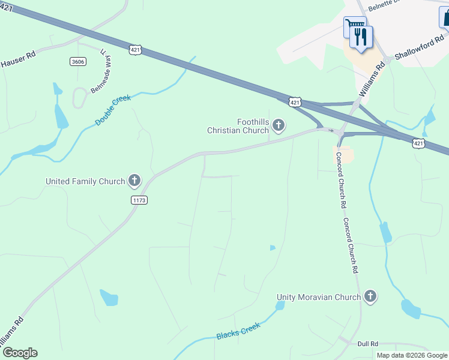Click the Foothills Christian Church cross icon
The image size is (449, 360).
(278, 125)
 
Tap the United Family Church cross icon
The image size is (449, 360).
(134, 181)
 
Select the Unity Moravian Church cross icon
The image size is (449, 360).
(370, 296)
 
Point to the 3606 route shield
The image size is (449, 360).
(77, 62)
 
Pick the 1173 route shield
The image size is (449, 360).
(139, 200)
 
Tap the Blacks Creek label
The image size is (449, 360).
(238, 331)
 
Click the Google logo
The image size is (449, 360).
(20, 353)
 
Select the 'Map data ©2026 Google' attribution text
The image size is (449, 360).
(412, 355)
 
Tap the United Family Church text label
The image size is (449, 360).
(85, 181)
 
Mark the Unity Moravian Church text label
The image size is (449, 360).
(319, 297)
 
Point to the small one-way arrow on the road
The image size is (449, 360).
(330, 130)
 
